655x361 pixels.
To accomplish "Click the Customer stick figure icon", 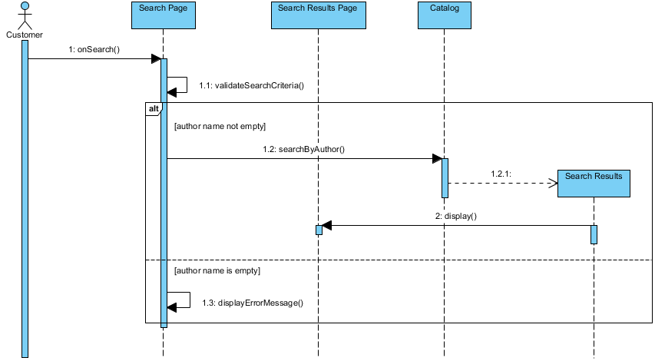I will pyautogui.click(x=25, y=15).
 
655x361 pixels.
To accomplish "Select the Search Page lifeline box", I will pyautogui.click(x=163, y=15).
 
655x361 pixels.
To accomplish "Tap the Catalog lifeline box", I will pyautogui.click(x=444, y=15).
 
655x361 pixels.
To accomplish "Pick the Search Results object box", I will pyautogui.click(x=594, y=184).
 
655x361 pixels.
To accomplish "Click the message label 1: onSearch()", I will pyautogui.click(x=94, y=49).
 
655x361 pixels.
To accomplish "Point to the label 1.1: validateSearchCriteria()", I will pyautogui.click(x=251, y=84).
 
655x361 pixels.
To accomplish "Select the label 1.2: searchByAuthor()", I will pyautogui.click(x=303, y=149).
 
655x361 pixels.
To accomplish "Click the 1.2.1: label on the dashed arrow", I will pyautogui.click(x=501, y=174).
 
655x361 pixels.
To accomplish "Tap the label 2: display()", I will pyautogui.click(x=456, y=216).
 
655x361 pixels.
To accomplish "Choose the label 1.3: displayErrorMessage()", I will pyautogui.click(x=253, y=303).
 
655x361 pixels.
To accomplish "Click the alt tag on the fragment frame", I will pyautogui.click(x=153, y=109).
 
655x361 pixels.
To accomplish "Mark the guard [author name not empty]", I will pyautogui.click(x=220, y=125).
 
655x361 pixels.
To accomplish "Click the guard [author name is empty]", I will pyautogui.click(x=217, y=271).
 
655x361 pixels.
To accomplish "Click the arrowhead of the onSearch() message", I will pyautogui.click(x=155, y=59).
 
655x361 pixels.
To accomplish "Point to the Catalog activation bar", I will pyautogui.click(x=445, y=177).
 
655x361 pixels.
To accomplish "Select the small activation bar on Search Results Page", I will pyautogui.click(x=319, y=230).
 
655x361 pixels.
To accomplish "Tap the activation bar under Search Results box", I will pyautogui.click(x=594, y=234).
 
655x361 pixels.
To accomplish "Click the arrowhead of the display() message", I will pyautogui.click(x=326, y=226).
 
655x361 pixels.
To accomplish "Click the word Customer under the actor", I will pyautogui.click(x=25, y=35).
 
